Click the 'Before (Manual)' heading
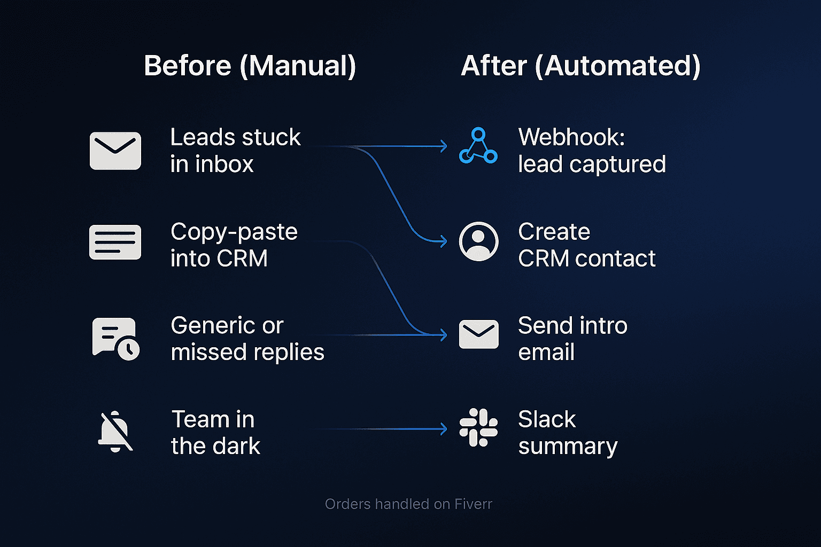coord(250,66)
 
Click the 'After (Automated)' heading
coord(580,66)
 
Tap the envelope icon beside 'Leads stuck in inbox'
coord(115,151)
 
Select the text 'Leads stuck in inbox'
coord(235,151)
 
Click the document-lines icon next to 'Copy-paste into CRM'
coord(115,243)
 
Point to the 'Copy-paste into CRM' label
coord(234,245)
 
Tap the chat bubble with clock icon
coord(116,339)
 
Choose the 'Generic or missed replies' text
coord(247,339)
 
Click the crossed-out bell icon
coord(115,432)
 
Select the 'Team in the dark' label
coord(215,433)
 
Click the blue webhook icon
coord(478,146)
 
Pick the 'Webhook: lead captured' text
coord(592,151)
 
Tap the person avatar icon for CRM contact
coord(478,241)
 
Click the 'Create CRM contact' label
coord(586,245)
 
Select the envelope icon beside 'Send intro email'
coord(478,334)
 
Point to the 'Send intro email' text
coord(572,339)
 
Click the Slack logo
coord(478,427)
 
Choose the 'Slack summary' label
coord(568,433)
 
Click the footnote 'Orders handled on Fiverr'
coord(408,504)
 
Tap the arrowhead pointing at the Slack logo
coord(444,429)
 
